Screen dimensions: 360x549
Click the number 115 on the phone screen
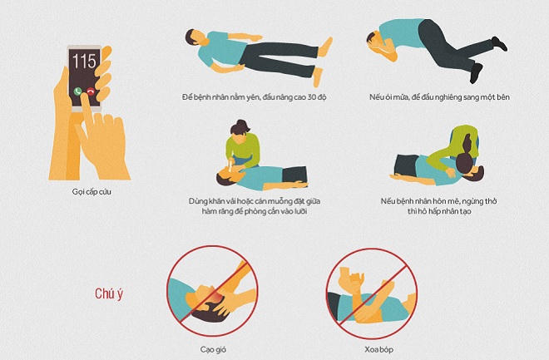tap(85, 60)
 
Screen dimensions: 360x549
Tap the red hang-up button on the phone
tap(90, 91)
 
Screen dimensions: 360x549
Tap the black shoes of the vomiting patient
tap(498, 42)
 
